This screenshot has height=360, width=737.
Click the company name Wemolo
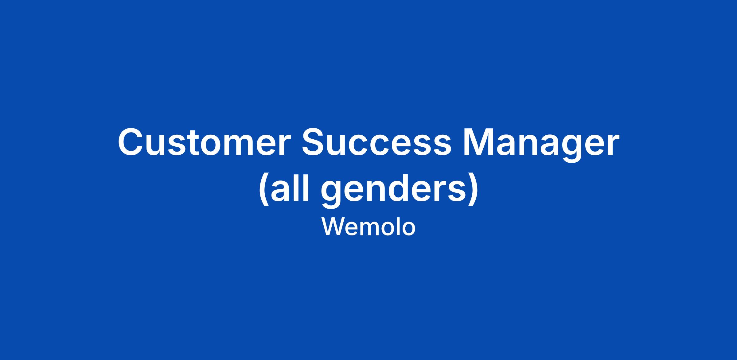[x=368, y=227]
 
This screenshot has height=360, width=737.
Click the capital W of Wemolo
[x=334, y=226]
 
